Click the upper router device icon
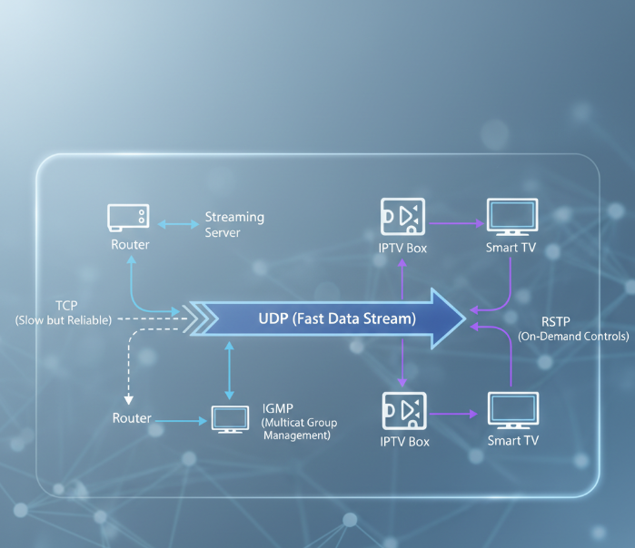(128, 218)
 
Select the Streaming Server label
(234, 224)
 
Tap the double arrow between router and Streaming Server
(178, 224)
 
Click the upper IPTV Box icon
(402, 216)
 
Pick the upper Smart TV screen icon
(512, 217)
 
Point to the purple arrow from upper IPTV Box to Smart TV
(457, 223)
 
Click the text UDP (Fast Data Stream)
(337, 318)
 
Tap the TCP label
(66, 306)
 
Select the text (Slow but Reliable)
(64, 320)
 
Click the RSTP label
(556, 322)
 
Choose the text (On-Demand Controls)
(573, 337)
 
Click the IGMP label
(277, 408)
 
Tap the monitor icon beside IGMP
(230, 420)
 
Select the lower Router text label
(132, 418)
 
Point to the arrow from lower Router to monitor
(181, 421)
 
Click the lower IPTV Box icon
(404, 410)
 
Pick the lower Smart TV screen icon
(513, 410)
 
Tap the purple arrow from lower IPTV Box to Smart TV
(453, 414)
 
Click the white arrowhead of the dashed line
(129, 400)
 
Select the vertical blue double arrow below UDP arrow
(229, 370)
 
